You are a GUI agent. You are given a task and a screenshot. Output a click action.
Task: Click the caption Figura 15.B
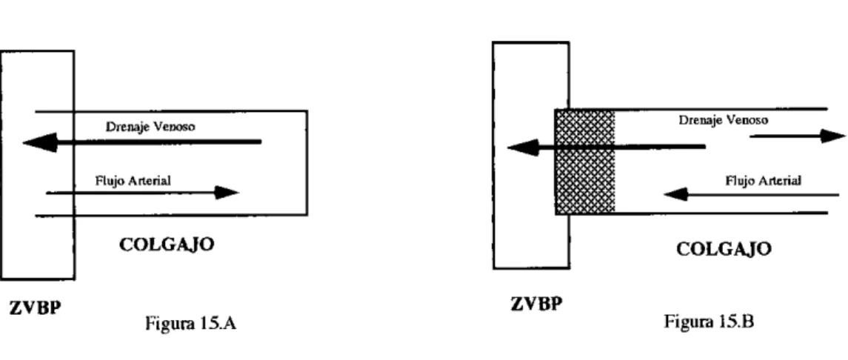pos(709,321)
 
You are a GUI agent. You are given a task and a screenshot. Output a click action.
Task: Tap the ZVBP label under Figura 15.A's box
pos(35,309)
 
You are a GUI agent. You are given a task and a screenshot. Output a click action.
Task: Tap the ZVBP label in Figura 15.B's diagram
pos(536,304)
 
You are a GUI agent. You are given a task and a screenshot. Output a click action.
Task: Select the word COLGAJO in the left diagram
pos(167,245)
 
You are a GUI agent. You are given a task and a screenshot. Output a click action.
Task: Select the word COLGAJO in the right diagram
pos(724,249)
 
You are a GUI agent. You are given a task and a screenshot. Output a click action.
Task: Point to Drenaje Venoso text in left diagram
pos(150,127)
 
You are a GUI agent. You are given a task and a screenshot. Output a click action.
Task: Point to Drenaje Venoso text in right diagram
pos(723,120)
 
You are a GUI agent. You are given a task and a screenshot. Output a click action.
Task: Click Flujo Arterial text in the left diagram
pos(133,181)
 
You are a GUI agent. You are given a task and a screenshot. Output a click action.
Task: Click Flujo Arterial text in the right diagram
pos(763,181)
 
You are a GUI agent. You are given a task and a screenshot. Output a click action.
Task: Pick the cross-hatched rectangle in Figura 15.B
pos(585,161)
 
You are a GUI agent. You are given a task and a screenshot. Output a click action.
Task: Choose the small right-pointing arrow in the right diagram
pos(798,136)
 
